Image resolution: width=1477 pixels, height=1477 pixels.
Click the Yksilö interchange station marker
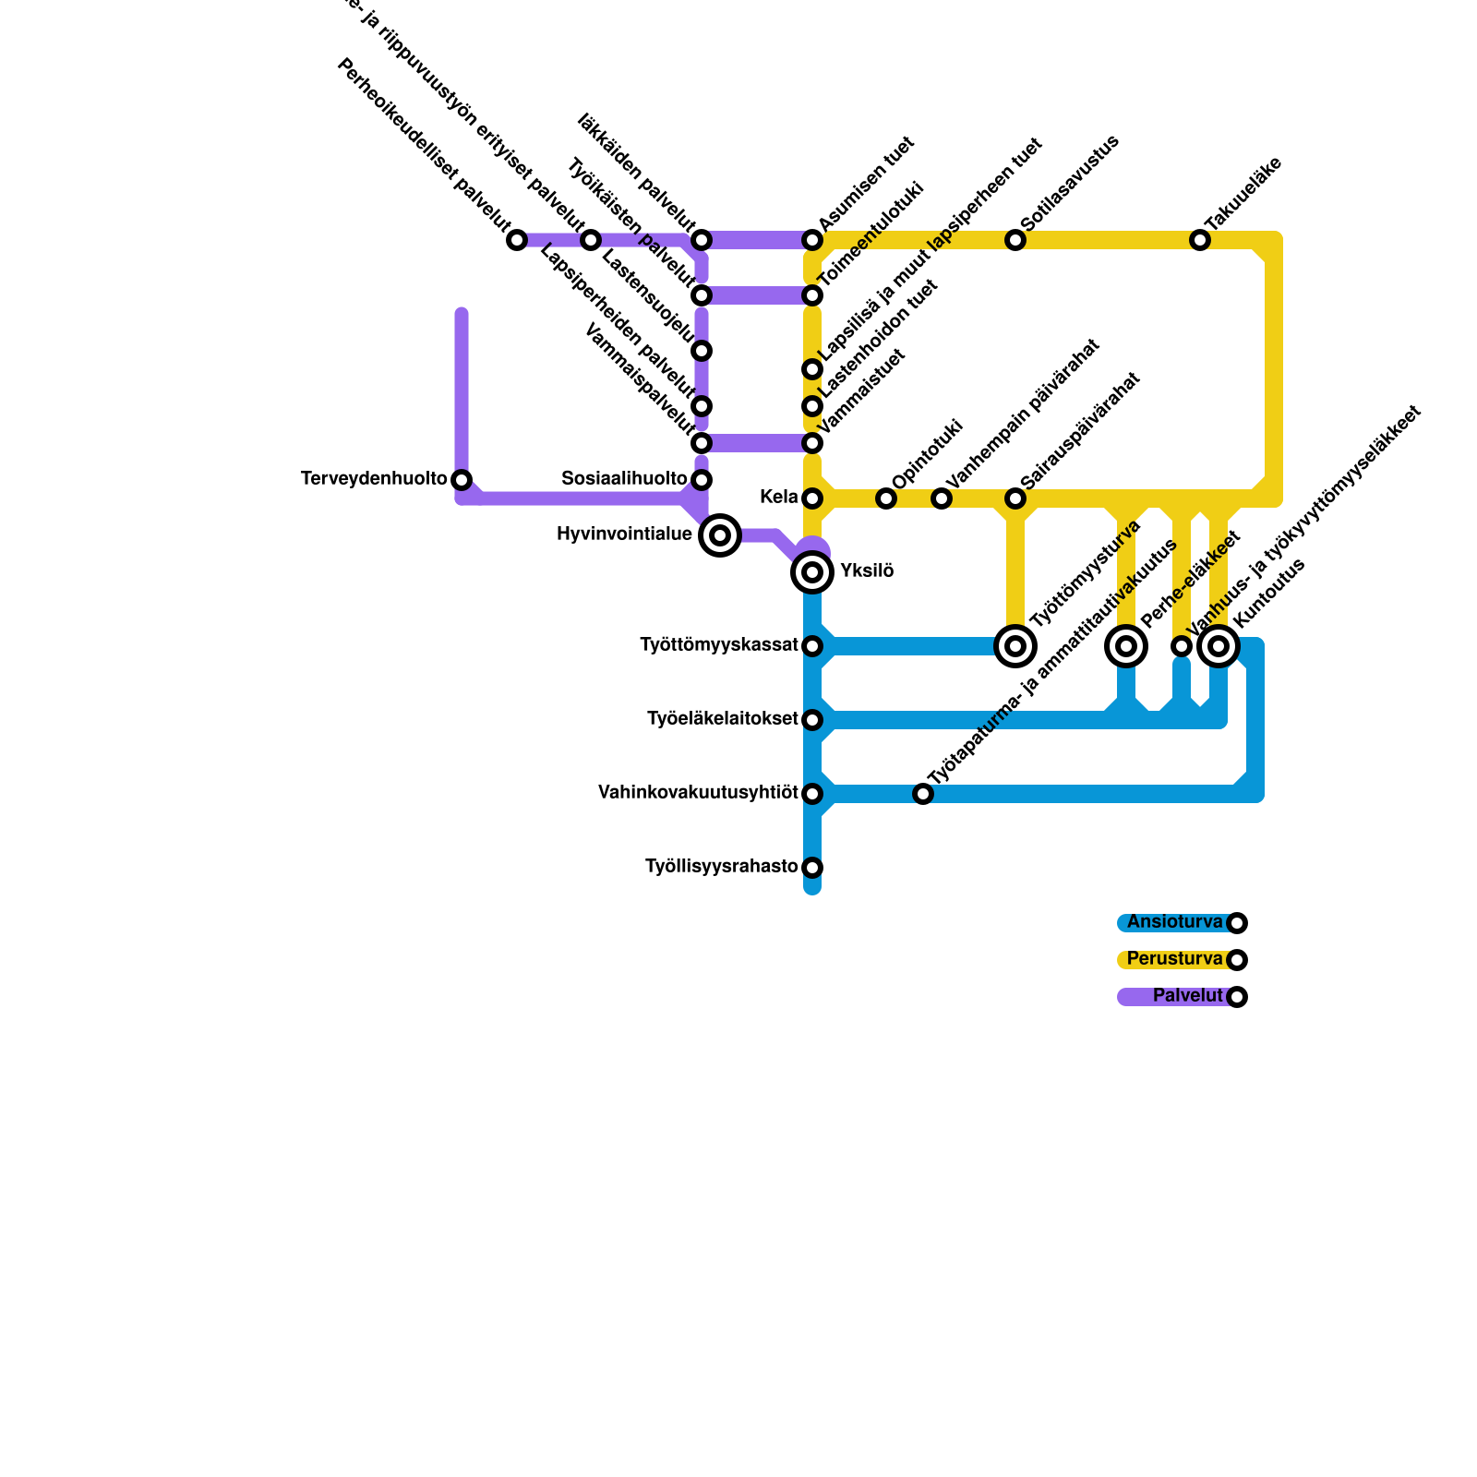(x=812, y=572)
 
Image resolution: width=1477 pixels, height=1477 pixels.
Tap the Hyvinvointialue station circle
(x=720, y=535)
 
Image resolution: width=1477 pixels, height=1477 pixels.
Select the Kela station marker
(x=812, y=498)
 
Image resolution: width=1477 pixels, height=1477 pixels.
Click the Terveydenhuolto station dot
(x=462, y=480)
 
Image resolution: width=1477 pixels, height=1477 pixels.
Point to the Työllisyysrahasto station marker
(x=812, y=868)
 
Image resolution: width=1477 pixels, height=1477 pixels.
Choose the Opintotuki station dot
(x=886, y=498)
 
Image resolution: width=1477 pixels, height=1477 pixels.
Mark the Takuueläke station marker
(x=1200, y=240)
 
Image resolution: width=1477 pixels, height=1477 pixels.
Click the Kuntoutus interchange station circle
(x=1219, y=646)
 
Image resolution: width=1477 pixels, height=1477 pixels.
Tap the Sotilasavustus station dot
(x=1015, y=240)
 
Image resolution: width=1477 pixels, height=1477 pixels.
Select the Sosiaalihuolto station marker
(x=702, y=480)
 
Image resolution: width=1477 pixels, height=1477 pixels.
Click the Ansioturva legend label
(x=1174, y=922)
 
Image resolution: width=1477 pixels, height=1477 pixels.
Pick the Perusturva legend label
(x=1174, y=959)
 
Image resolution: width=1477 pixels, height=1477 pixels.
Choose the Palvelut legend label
(x=1187, y=996)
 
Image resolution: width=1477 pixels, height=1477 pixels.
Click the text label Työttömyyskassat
(x=719, y=646)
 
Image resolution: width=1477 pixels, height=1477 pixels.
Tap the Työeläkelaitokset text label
(x=723, y=719)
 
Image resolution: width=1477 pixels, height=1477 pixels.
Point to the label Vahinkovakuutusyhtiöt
(x=698, y=793)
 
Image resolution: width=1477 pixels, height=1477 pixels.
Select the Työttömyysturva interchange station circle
(x=1015, y=646)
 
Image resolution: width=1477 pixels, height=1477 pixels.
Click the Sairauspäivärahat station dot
(x=1015, y=498)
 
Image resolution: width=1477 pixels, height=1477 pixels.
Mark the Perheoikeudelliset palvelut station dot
(x=517, y=240)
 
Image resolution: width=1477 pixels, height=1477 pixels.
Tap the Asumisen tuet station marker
(x=812, y=240)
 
